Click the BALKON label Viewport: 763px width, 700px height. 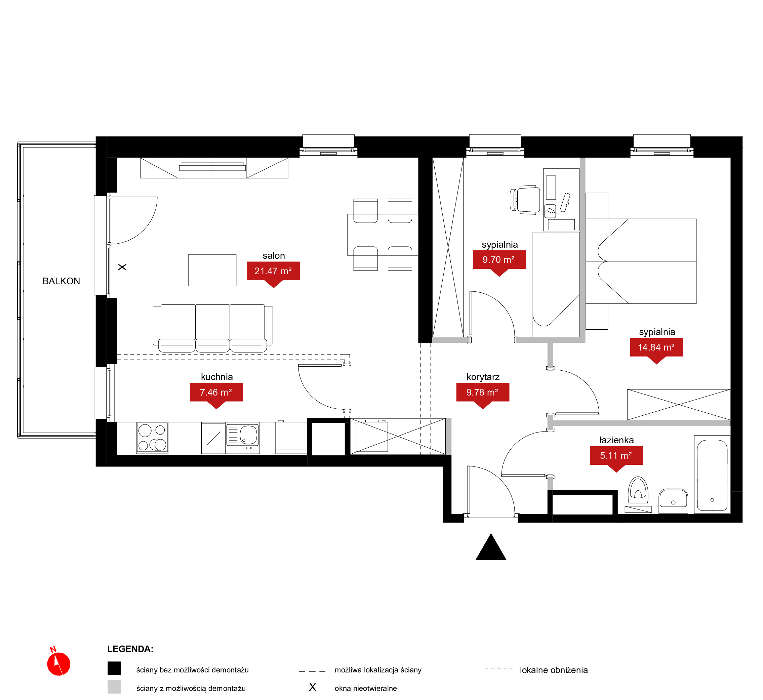(x=62, y=281)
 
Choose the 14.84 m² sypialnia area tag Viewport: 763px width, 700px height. (x=656, y=349)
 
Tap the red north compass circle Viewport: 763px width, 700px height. (x=59, y=664)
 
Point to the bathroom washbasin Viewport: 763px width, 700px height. (x=673, y=501)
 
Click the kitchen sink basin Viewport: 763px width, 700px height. (x=248, y=435)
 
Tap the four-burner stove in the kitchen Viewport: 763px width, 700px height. (x=152, y=438)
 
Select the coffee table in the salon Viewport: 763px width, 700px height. (x=212, y=270)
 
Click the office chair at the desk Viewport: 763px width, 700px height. (x=525, y=200)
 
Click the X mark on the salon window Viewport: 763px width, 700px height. (x=122, y=267)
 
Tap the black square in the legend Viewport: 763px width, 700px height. (x=114, y=668)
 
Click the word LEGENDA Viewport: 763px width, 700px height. (x=130, y=649)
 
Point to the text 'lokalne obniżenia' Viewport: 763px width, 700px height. (x=554, y=670)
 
